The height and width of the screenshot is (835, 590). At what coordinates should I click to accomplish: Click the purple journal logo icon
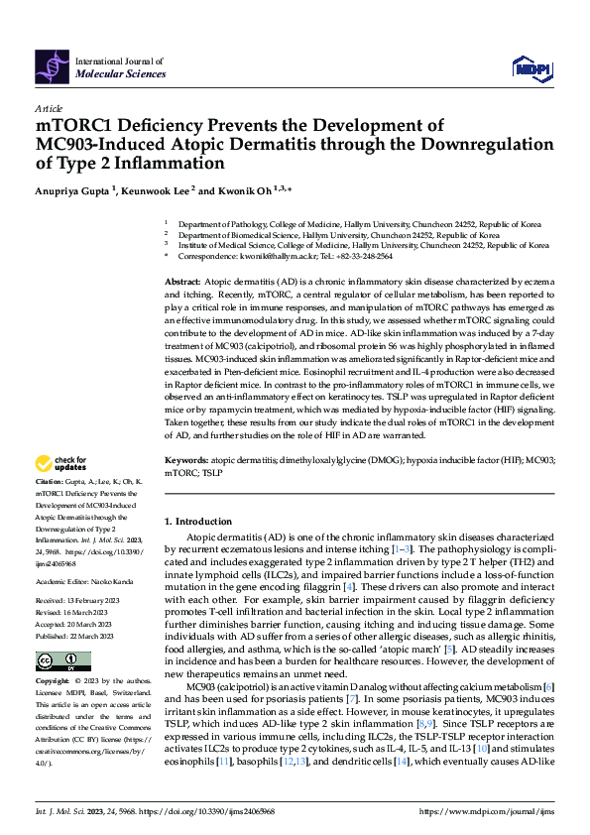pyautogui.click(x=53, y=65)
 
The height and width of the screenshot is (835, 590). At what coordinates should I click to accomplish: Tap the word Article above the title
pyautogui.click(x=49, y=107)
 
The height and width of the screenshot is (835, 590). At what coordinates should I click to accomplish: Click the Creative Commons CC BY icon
pyautogui.click(x=62, y=661)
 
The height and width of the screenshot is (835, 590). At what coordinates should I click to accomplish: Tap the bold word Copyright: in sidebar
pyautogui.click(x=53, y=683)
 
